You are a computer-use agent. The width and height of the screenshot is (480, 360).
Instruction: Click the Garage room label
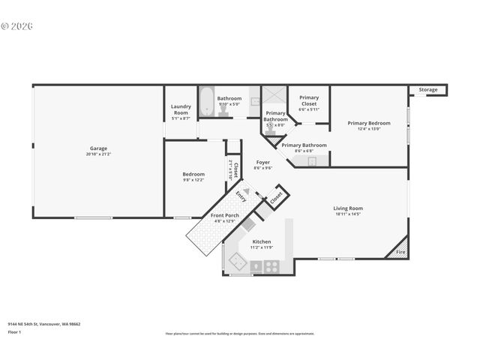(98, 148)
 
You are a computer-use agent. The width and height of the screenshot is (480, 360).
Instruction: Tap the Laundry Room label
(181, 109)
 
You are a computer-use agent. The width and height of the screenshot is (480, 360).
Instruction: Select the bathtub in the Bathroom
(206, 100)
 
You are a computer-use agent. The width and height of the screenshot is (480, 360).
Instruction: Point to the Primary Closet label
(308, 100)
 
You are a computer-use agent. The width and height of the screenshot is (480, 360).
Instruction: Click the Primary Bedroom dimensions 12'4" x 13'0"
(368, 129)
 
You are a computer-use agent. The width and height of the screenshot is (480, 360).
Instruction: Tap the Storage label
(427, 90)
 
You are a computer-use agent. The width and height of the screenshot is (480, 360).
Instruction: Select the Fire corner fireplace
(400, 249)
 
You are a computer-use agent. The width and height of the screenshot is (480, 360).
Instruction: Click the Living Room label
(349, 208)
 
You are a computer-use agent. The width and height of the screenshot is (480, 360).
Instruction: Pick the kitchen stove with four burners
(271, 265)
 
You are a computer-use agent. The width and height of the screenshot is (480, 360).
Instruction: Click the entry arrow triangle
(244, 191)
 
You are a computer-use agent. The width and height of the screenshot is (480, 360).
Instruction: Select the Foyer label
(262, 162)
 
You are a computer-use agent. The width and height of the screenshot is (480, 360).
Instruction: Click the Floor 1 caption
(15, 331)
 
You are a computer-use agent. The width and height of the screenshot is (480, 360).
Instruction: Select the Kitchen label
(261, 241)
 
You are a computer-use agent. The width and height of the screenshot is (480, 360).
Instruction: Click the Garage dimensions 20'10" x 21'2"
(98, 154)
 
